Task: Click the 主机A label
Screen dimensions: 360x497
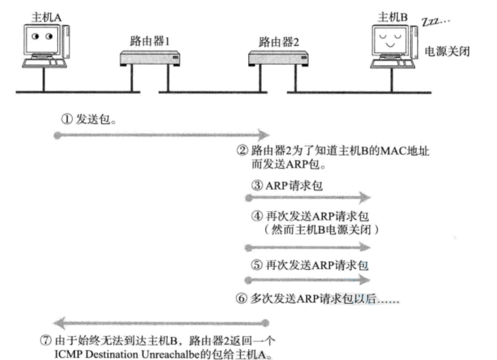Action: pos(46,17)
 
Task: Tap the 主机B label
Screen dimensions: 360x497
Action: pos(392,17)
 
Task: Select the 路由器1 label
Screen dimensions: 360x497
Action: pos(150,41)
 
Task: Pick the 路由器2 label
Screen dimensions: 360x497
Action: pos(279,42)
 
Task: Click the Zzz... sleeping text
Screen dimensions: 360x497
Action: pos(435,21)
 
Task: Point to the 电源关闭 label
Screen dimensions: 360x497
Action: pos(447,51)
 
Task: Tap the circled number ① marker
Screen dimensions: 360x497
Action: pos(67,119)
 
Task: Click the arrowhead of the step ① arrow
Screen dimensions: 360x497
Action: pos(264,135)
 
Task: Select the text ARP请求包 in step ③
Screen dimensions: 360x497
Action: pos(294,185)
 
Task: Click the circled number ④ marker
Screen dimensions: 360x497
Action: pos(257,216)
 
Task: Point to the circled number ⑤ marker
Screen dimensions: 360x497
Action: pos(256,265)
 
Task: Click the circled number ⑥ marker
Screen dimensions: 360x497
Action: pos(241,298)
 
